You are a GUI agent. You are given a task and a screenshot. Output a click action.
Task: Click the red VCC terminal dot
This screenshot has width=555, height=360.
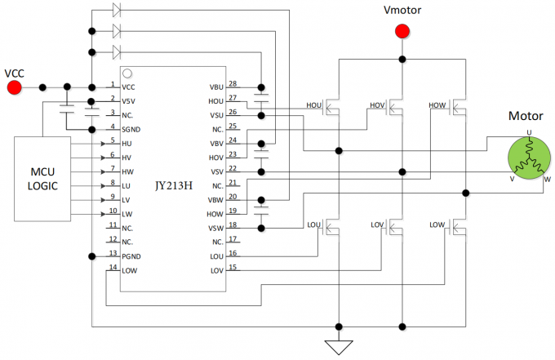(14, 87)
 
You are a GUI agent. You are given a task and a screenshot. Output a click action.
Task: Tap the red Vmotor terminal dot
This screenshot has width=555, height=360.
(402, 32)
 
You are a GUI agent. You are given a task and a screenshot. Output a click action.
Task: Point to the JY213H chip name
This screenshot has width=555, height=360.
(175, 184)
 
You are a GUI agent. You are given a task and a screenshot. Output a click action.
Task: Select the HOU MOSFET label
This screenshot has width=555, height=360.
(314, 105)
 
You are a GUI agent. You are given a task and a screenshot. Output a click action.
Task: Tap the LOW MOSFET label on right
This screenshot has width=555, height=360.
(437, 224)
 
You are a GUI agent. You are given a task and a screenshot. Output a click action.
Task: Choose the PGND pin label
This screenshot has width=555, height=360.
(131, 256)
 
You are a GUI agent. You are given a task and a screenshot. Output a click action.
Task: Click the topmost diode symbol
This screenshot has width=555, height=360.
(116, 11)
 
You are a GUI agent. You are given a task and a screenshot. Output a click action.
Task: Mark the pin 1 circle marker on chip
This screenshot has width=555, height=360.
(128, 75)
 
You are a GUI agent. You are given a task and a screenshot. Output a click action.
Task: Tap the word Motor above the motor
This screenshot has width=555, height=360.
(526, 116)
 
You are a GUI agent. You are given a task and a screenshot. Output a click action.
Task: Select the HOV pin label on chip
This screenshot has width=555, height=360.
(216, 157)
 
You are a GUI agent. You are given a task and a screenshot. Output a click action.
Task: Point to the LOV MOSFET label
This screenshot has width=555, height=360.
(376, 224)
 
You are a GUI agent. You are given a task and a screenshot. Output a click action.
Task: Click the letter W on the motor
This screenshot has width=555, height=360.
(546, 180)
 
